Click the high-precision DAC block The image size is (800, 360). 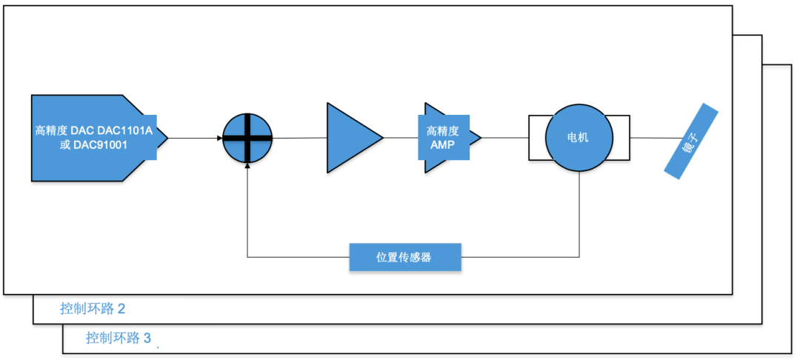[93, 138]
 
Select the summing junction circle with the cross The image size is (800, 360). [248, 138]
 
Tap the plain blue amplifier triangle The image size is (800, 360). [352, 138]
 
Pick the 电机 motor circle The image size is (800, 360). [579, 138]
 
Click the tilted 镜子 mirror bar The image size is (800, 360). [691, 141]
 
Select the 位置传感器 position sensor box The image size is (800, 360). [404, 258]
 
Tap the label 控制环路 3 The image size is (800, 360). [119, 339]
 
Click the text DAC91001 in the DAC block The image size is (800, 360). [101, 145]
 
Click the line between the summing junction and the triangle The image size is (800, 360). [300, 138]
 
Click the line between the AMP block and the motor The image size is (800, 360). [504, 138]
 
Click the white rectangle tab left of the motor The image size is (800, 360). [536, 138]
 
